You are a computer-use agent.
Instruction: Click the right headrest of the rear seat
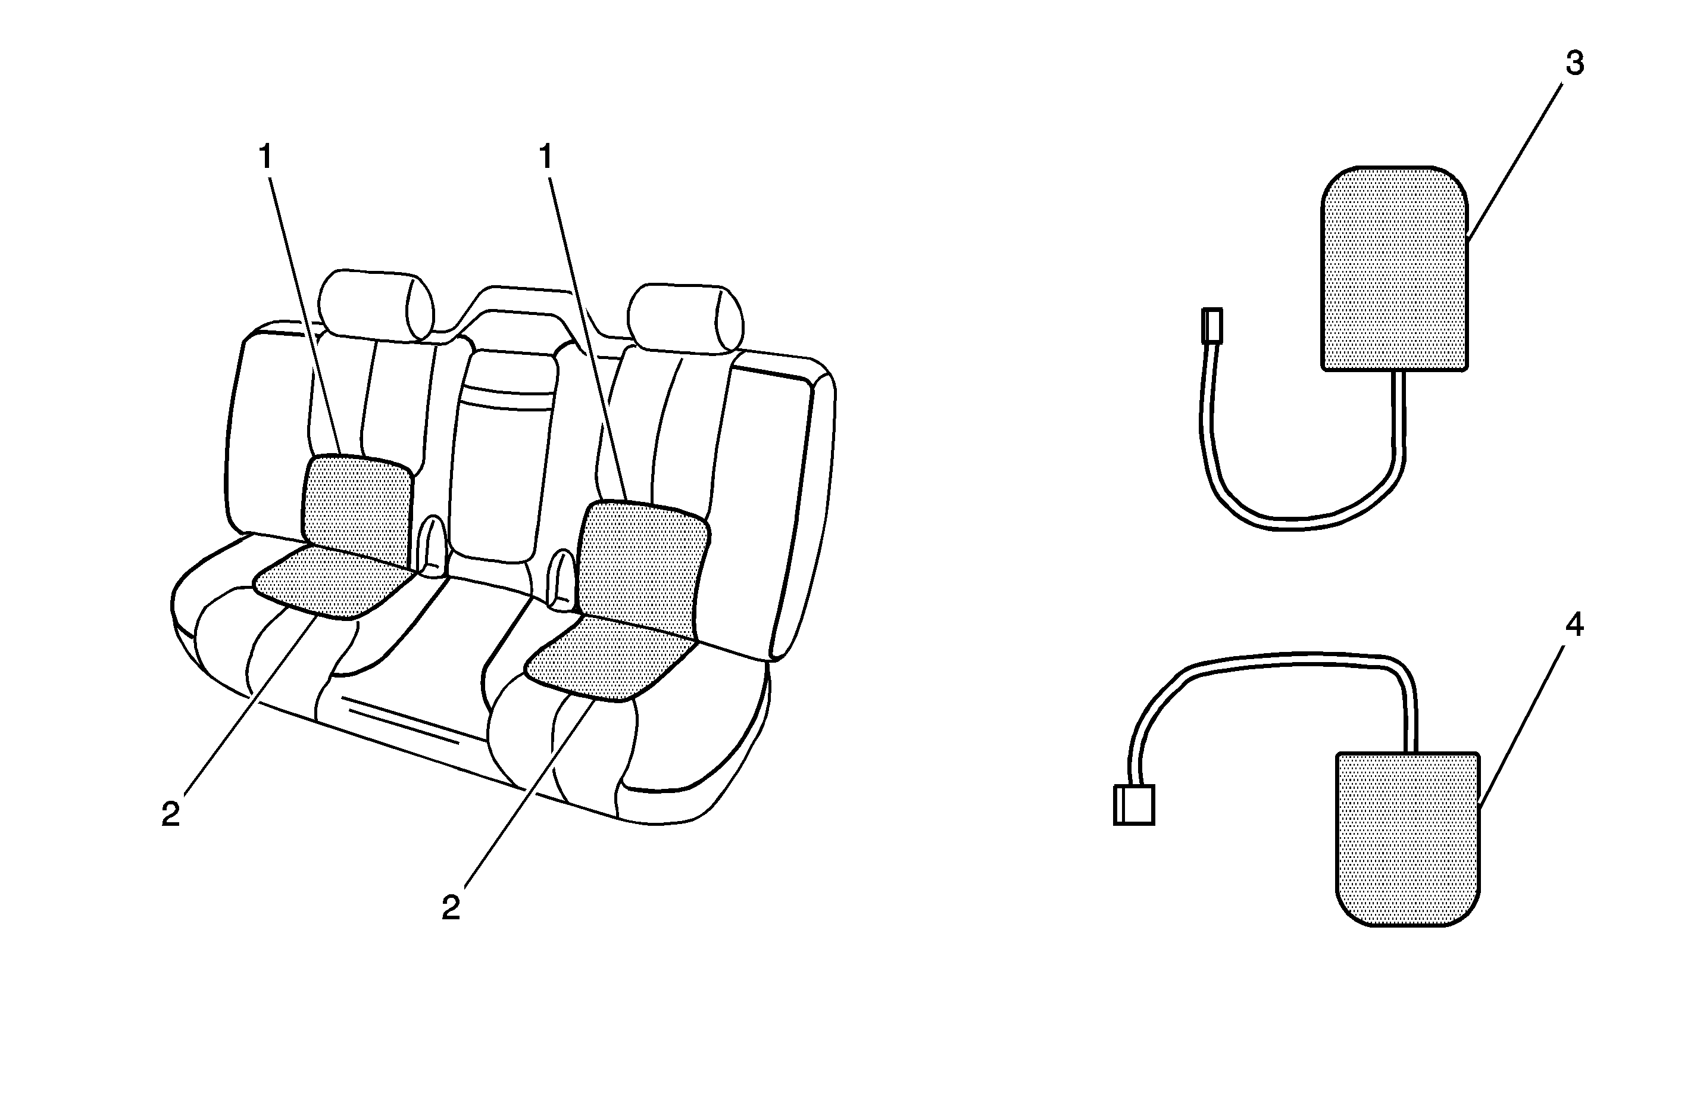(x=686, y=318)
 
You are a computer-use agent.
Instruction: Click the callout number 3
(x=1574, y=64)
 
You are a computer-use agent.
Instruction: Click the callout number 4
(x=1574, y=625)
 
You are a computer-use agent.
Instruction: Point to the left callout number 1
(x=266, y=157)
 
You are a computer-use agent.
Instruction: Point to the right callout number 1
(x=546, y=157)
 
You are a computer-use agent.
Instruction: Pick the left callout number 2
(x=170, y=814)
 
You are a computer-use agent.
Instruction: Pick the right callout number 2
(x=451, y=907)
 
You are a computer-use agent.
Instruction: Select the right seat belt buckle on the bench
(x=562, y=579)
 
